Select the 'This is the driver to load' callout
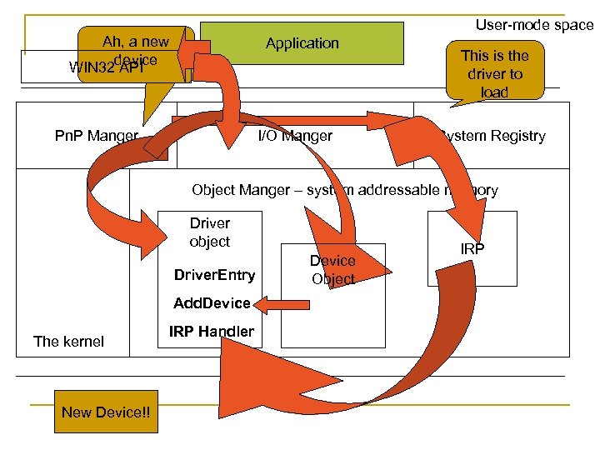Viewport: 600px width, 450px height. pyautogui.click(x=495, y=73)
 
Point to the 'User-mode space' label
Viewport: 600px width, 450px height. pyautogui.click(x=533, y=25)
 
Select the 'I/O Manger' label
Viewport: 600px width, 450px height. pyautogui.click(x=295, y=136)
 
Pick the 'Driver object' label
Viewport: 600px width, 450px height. pyautogui.click(x=210, y=232)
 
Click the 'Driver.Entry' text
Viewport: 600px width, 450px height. pyautogui.click(x=215, y=276)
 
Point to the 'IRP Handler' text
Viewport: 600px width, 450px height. pyautogui.click(x=211, y=332)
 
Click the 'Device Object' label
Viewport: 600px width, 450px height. pyautogui.click(x=332, y=270)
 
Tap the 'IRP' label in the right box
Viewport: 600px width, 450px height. pyautogui.click(x=472, y=249)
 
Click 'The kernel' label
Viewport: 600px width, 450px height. pyautogui.click(x=68, y=341)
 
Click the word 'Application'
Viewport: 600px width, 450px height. pyautogui.click(x=302, y=43)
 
